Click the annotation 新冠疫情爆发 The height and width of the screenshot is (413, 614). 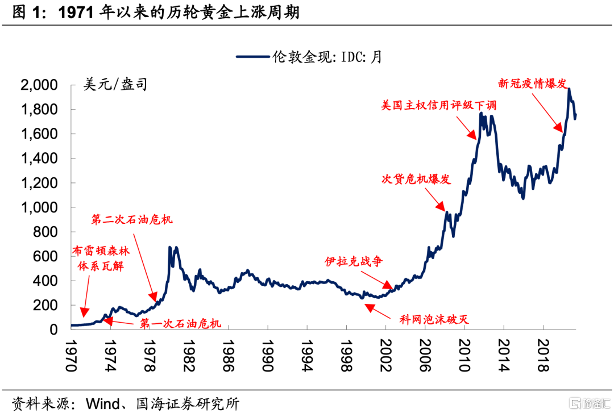click(x=532, y=84)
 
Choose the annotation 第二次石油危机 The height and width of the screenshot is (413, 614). click(x=131, y=219)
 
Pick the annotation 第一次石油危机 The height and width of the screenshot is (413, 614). click(x=180, y=324)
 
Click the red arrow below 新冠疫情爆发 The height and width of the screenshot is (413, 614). click(x=547, y=112)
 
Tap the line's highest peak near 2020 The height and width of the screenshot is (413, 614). click(x=569, y=89)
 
